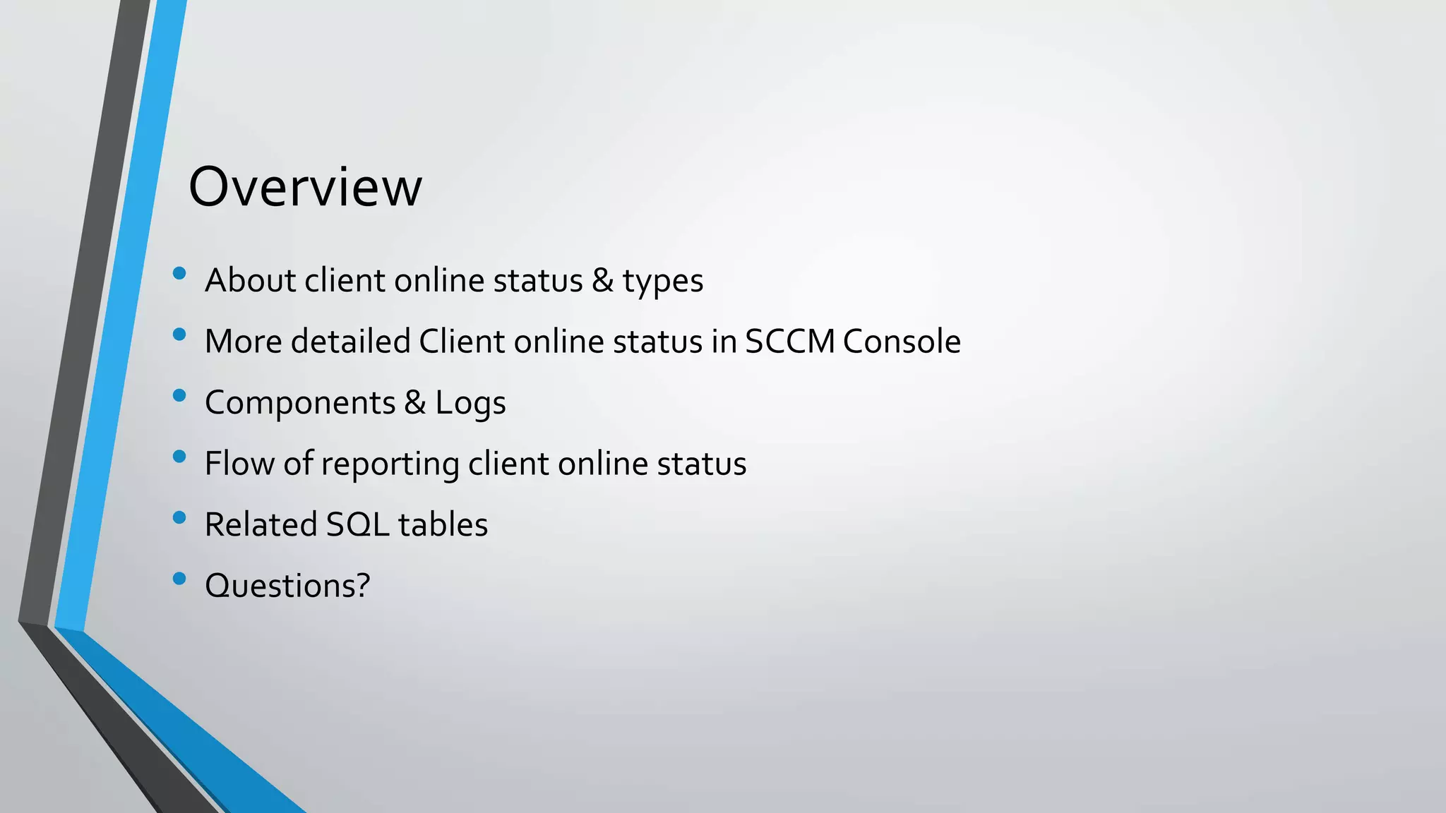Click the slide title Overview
click(305, 187)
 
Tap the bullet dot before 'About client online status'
click(179, 273)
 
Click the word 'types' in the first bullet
click(662, 281)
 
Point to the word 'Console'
click(902, 342)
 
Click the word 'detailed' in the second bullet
click(350, 342)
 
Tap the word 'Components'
click(300, 403)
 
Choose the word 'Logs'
click(470, 403)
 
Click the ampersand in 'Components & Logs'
click(415, 403)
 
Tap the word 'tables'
click(443, 525)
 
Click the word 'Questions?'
click(287, 586)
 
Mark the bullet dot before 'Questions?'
click(179, 579)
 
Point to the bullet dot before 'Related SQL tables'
click(179, 518)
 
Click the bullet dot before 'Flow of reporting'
click(179, 457)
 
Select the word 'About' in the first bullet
click(250, 281)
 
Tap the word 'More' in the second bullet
click(243, 342)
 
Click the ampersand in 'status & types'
click(602, 281)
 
